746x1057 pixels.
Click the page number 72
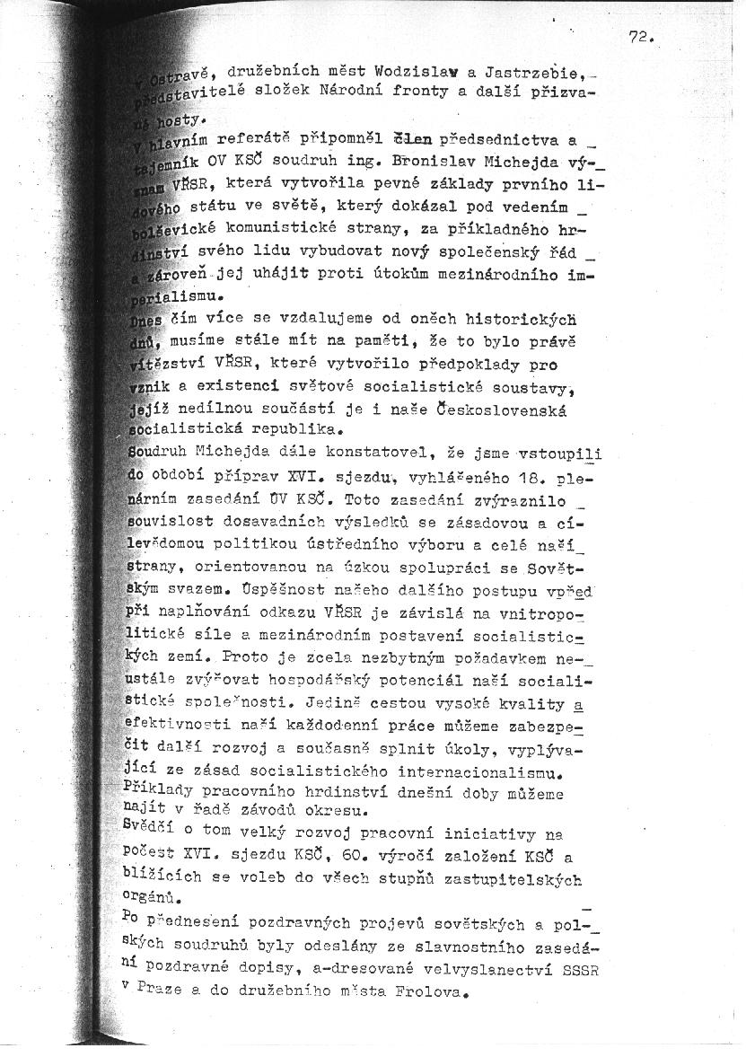[640, 37]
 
